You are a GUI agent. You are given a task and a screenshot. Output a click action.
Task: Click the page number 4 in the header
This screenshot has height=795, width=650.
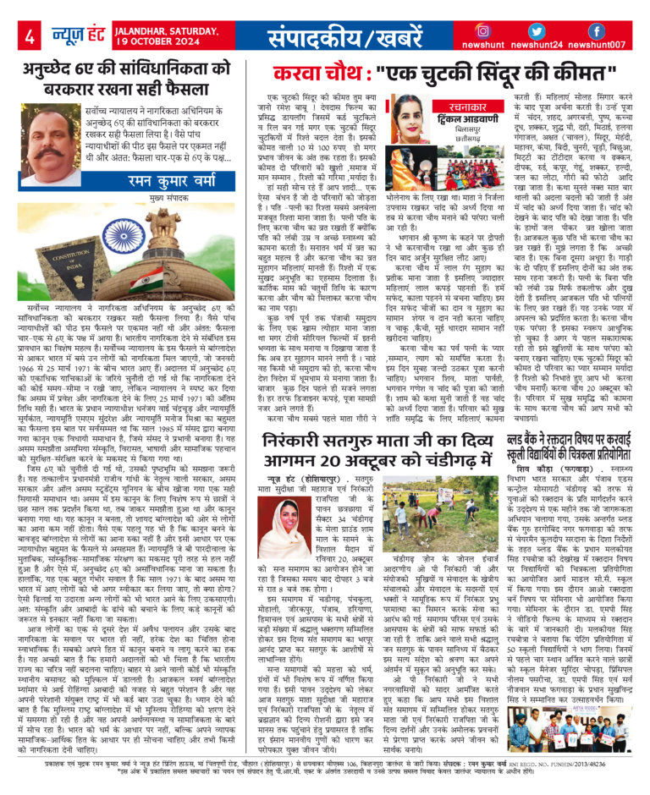30,36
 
